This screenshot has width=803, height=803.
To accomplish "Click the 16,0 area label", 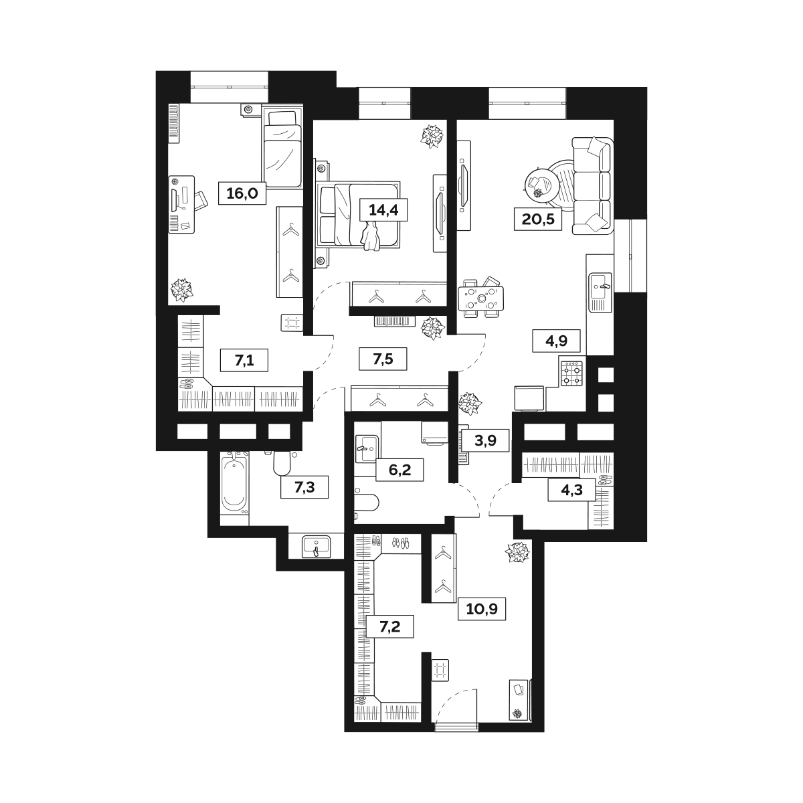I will [242, 195].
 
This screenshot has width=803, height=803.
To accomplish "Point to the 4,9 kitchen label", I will [555, 341].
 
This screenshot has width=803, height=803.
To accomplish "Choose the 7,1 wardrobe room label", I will [244, 361].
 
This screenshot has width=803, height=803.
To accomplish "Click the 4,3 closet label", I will [565, 490].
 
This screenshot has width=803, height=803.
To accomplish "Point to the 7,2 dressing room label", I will [390, 628].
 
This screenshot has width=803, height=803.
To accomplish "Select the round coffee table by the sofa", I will [541, 182].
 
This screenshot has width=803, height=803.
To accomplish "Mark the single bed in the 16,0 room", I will [283, 149].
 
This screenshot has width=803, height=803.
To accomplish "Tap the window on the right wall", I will [631, 256].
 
